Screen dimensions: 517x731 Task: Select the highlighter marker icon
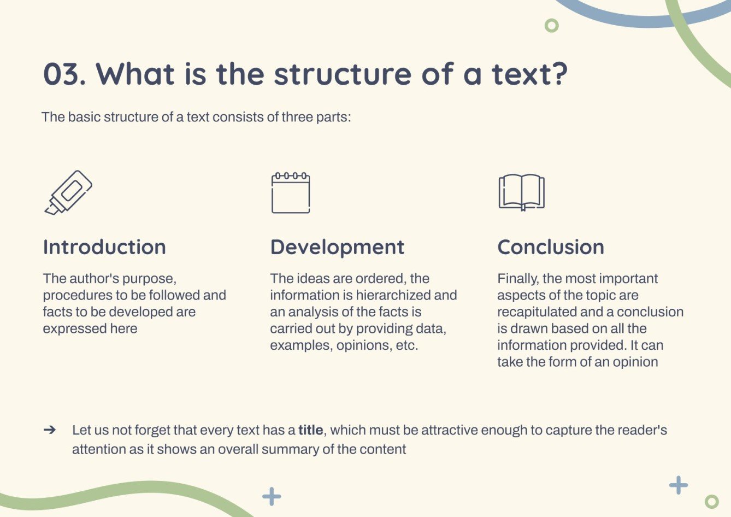(x=68, y=192)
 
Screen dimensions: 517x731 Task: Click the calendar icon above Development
(x=291, y=193)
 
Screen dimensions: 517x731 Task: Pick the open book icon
(x=521, y=192)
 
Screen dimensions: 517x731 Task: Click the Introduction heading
(x=104, y=247)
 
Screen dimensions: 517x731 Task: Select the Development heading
(x=337, y=247)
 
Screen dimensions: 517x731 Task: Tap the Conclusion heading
(x=551, y=247)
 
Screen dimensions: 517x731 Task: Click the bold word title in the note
(x=310, y=430)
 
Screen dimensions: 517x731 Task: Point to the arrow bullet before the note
(x=50, y=430)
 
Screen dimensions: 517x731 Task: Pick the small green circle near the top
(x=552, y=25)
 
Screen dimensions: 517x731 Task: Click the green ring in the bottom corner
(x=711, y=501)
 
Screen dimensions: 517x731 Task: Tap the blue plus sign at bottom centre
(x=272, y=496)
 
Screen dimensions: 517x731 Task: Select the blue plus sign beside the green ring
(x=679, y=485)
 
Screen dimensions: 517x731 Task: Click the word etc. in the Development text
(x=406, y=345)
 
